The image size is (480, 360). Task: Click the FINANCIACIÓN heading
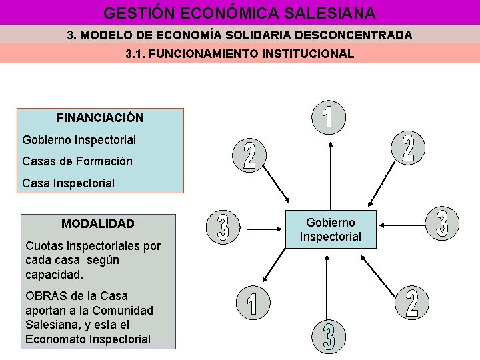100,118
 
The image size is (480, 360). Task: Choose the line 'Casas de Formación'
77,161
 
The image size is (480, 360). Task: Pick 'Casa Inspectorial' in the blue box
68,183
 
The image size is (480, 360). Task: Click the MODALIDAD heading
98,224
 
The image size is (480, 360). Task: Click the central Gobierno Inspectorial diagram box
330,229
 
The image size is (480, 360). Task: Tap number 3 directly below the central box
329,338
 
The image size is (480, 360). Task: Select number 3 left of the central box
223,227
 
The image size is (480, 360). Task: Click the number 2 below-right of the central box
412,303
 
